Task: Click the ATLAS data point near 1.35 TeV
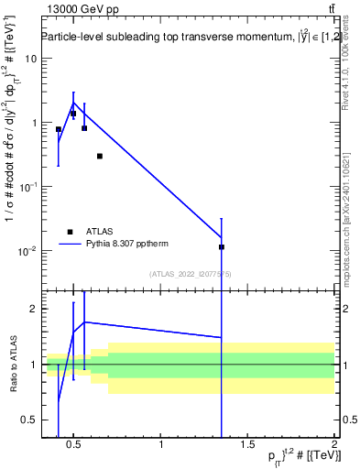(222, 246)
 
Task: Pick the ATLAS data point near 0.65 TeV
(100, 156)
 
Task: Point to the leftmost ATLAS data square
(59, 129)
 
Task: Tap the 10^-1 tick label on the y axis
(26, 187)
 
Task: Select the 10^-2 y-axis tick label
(26, 251)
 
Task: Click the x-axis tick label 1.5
(247, 446)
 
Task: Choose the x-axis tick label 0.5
(75, 446)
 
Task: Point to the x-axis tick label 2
(333, 446)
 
